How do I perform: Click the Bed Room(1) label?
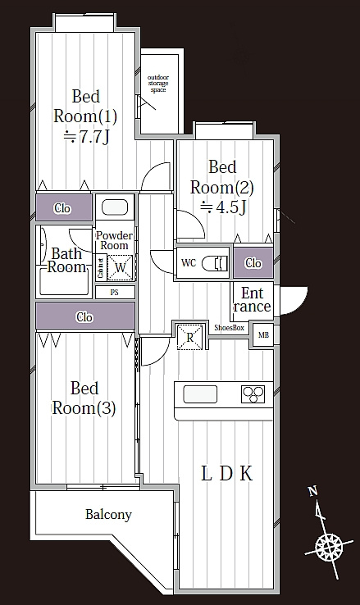tap(85, 107)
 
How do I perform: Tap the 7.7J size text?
tap(87, 138)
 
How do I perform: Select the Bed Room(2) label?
tap(222, 178)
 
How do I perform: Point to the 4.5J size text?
tap(223, 208)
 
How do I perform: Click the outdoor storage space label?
tap(158, 84)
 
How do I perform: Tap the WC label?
tap(189, 263)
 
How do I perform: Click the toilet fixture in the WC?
tap(216, 263)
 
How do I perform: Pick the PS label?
tap(114, 293)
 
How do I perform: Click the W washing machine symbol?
tap(120, 267)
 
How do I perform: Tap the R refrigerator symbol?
tap(189, 338)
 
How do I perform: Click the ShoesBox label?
tap(229, 328)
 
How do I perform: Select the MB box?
tap(263, 335)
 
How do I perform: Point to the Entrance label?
tap(253, 300)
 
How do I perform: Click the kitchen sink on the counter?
tap(200, 394)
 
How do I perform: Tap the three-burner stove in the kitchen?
tap(253, 394)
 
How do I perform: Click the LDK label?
tap(227, 474)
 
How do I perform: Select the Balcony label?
tap(108, 515)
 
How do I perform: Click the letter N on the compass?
tap(313, 491)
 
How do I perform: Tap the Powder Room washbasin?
tap(115, 207)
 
